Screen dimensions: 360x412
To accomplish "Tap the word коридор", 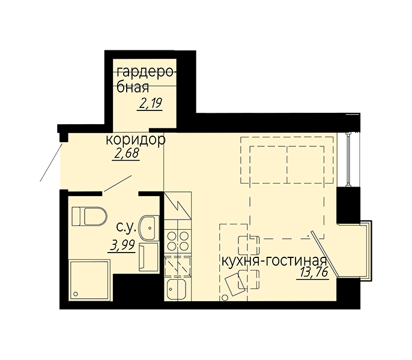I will [135, 140].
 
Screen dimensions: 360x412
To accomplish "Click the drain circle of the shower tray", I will [76, 294].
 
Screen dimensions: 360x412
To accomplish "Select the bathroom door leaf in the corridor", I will [118, 184].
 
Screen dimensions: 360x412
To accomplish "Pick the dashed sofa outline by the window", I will [287, 160].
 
